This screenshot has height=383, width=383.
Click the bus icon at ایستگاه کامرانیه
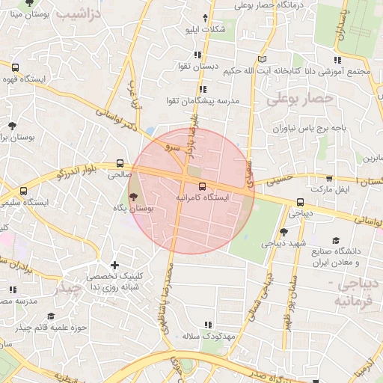coord(202,185)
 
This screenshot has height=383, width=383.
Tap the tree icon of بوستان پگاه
coord(133,197)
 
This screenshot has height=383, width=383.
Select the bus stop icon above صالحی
coord(120,164)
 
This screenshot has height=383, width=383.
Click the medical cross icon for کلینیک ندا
coord(114,264)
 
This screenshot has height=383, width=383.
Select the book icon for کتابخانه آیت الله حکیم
coord(261,58)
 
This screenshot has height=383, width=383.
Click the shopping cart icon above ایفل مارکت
coord(329,179)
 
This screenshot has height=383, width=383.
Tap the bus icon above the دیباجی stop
coord(300,201)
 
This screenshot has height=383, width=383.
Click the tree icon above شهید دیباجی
coord(283,231)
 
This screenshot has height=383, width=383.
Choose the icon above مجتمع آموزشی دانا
coord(337,59)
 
